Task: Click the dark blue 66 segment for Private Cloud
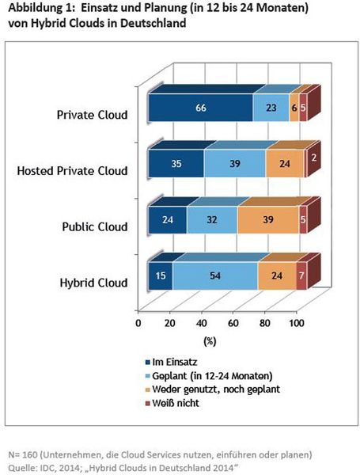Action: click(x=200, y=108)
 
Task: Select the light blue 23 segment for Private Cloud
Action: click(x=271, y=108)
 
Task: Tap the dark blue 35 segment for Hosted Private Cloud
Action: click(x=176, y=163)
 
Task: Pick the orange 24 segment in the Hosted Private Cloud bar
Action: click(x=284, y=163)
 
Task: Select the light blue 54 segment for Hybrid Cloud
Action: click(x=214, y=278)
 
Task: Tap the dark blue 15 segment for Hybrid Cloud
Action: click(x=160, y=278)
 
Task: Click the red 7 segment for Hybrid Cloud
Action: click(x=301, y=278)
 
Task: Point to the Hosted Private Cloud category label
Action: click(x=72, y=169)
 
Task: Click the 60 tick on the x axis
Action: click(x=233, y=323)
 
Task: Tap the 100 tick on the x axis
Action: click(x=295, y=323)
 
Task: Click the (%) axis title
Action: click(x=210, y=340)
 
